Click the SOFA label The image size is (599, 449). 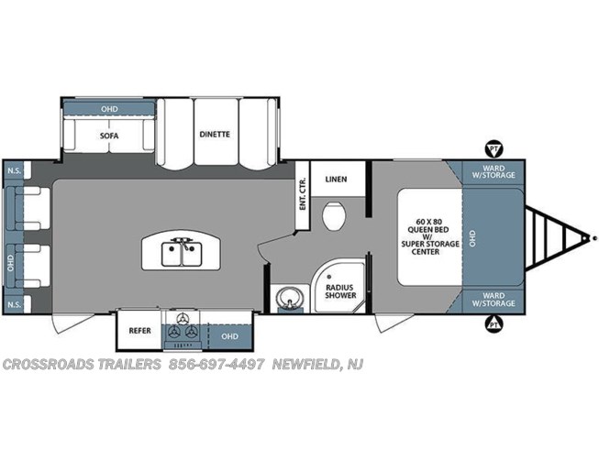tap(109, 136)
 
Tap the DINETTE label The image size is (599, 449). tap(215, 135)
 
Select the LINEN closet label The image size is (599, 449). tap(336, 179)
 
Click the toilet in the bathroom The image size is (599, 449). tap(334, 215)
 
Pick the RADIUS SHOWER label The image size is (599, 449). tap(340, 291)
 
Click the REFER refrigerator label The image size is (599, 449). tap(139, 331)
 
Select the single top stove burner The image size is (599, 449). tap(183, 318)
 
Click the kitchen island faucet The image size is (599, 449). tap(182, 243)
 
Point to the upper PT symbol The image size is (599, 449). tap(494, 149)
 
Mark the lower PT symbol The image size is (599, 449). tap(494, 324)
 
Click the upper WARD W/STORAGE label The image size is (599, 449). tap(494, 171)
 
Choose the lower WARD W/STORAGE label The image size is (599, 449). tap(494, 300)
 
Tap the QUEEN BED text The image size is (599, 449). tap(428, 230)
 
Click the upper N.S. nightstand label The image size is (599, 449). tap(15, 170)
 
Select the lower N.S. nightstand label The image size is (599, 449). tap(15, 304)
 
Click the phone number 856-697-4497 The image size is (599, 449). tap(216, 365)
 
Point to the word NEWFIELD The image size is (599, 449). tap(305, 365)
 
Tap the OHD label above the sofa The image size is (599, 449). tap(109, 109)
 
